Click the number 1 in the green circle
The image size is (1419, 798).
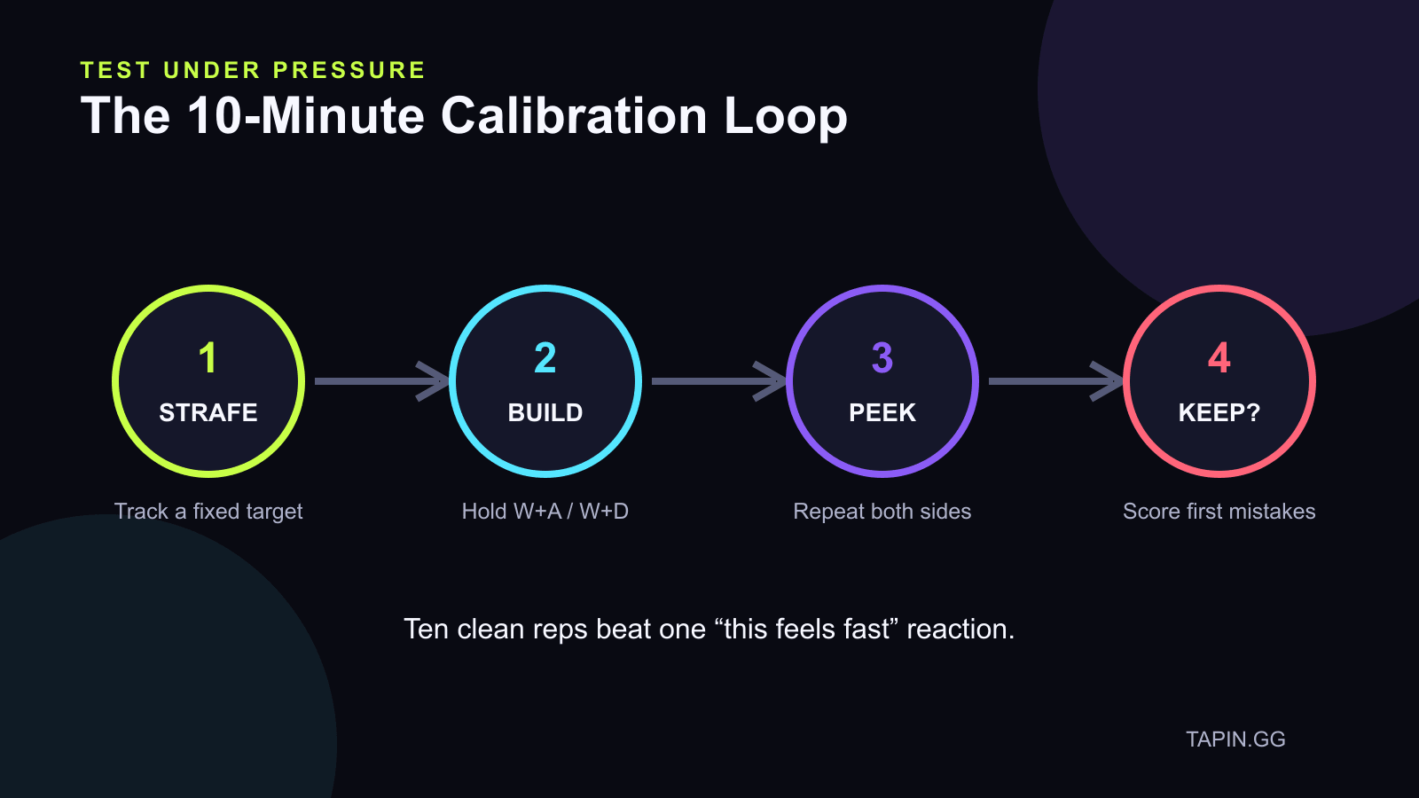pyautogui.click(x=208, y=358)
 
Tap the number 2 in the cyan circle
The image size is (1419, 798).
pyautogui.click(x=545, y=358)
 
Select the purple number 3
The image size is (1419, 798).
pyautogui.click(x=882, y=358)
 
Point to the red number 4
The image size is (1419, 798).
pyautogui.click(x=1219, y=358)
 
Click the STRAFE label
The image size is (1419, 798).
pyautogui.click(x=208, y=413)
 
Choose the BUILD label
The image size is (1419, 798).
pyautogui.click(x=545, y=413)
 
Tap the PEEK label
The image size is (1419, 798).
pyautogui.click(x=882, y=413)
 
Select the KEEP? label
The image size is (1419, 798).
pyautogui.click(x=1219, y=413)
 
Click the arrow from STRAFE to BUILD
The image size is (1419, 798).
pyautogui.click(x=382, y=381)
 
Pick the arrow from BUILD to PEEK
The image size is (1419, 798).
pyautogui.click(x=719, y=381)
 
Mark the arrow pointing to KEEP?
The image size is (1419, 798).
pyautogui.click(x=1056, y=381)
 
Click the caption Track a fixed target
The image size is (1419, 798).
pyautogui.click(x=208, y=512)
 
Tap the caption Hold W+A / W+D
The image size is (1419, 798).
pyautogui.click(x=545, y=512)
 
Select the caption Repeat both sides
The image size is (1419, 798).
pyautogui.click(x=882, y=512)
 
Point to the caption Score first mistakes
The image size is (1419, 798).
pyautogui.click(x=1219, y=512)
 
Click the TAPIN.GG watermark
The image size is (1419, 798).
pyautogui.click(x=1236, y=739)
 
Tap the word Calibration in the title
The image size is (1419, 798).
pyautogui.click(x=574, y=116)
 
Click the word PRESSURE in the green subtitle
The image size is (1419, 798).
pyautogui.click(x=349, y=70)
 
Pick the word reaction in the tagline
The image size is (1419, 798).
pyautogui.click(x=961, y=630)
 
